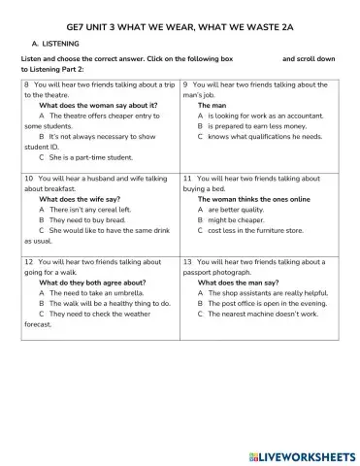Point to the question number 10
(27, 179)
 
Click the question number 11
(186, 179)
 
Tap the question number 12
(27, 261)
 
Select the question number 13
(186, 261)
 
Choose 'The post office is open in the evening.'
(269, 303)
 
